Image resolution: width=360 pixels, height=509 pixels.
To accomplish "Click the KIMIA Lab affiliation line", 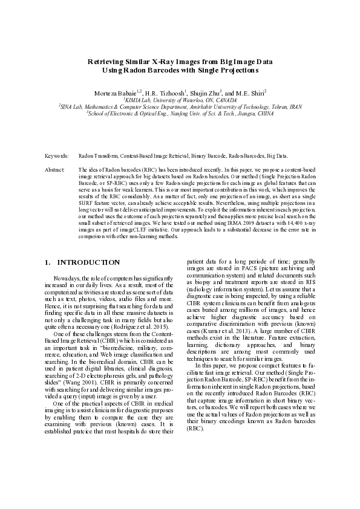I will (180, 99).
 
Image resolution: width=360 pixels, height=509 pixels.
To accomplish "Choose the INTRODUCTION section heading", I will (88, 262).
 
